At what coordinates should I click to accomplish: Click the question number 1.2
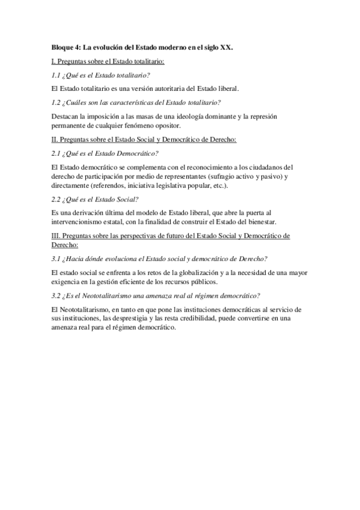tap(58, 102)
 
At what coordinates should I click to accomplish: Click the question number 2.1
tap(58, 153)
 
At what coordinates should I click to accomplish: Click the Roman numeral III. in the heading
tap(56, 236)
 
